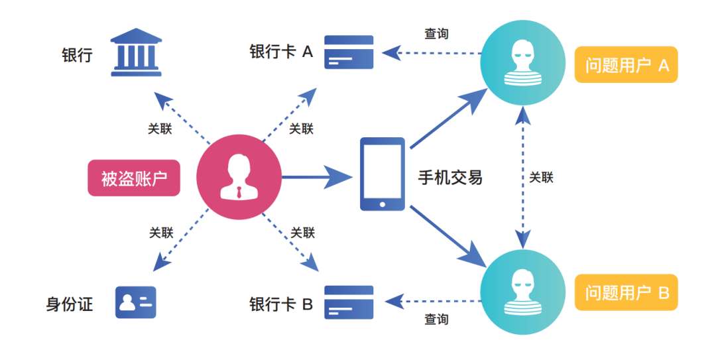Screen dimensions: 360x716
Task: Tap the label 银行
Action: tap(77, 54)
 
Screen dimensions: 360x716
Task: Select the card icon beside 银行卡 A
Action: tap(349, 52)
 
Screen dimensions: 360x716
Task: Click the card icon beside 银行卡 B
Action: tap(349, 302)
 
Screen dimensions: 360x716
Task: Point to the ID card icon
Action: tap(136, 302)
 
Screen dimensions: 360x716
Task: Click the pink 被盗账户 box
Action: tap(134, 178)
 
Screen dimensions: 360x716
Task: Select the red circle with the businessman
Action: tap(239, 178)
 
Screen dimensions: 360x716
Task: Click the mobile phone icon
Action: tap(382, 174)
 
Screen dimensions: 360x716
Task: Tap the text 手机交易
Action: tap(450, 177)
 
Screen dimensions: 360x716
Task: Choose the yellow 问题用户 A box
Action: tap(626, 64)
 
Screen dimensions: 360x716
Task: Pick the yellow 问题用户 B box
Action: tap(626, 292)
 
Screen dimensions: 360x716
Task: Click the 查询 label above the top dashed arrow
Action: tap(436, 33)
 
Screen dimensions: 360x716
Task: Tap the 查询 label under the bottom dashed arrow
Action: tap(436, 320)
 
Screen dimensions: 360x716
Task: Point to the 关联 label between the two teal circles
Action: tap(542, 177)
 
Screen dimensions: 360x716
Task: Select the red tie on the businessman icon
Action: tap(239, 193)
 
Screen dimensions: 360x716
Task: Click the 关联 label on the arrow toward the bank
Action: tap(160, 129)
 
